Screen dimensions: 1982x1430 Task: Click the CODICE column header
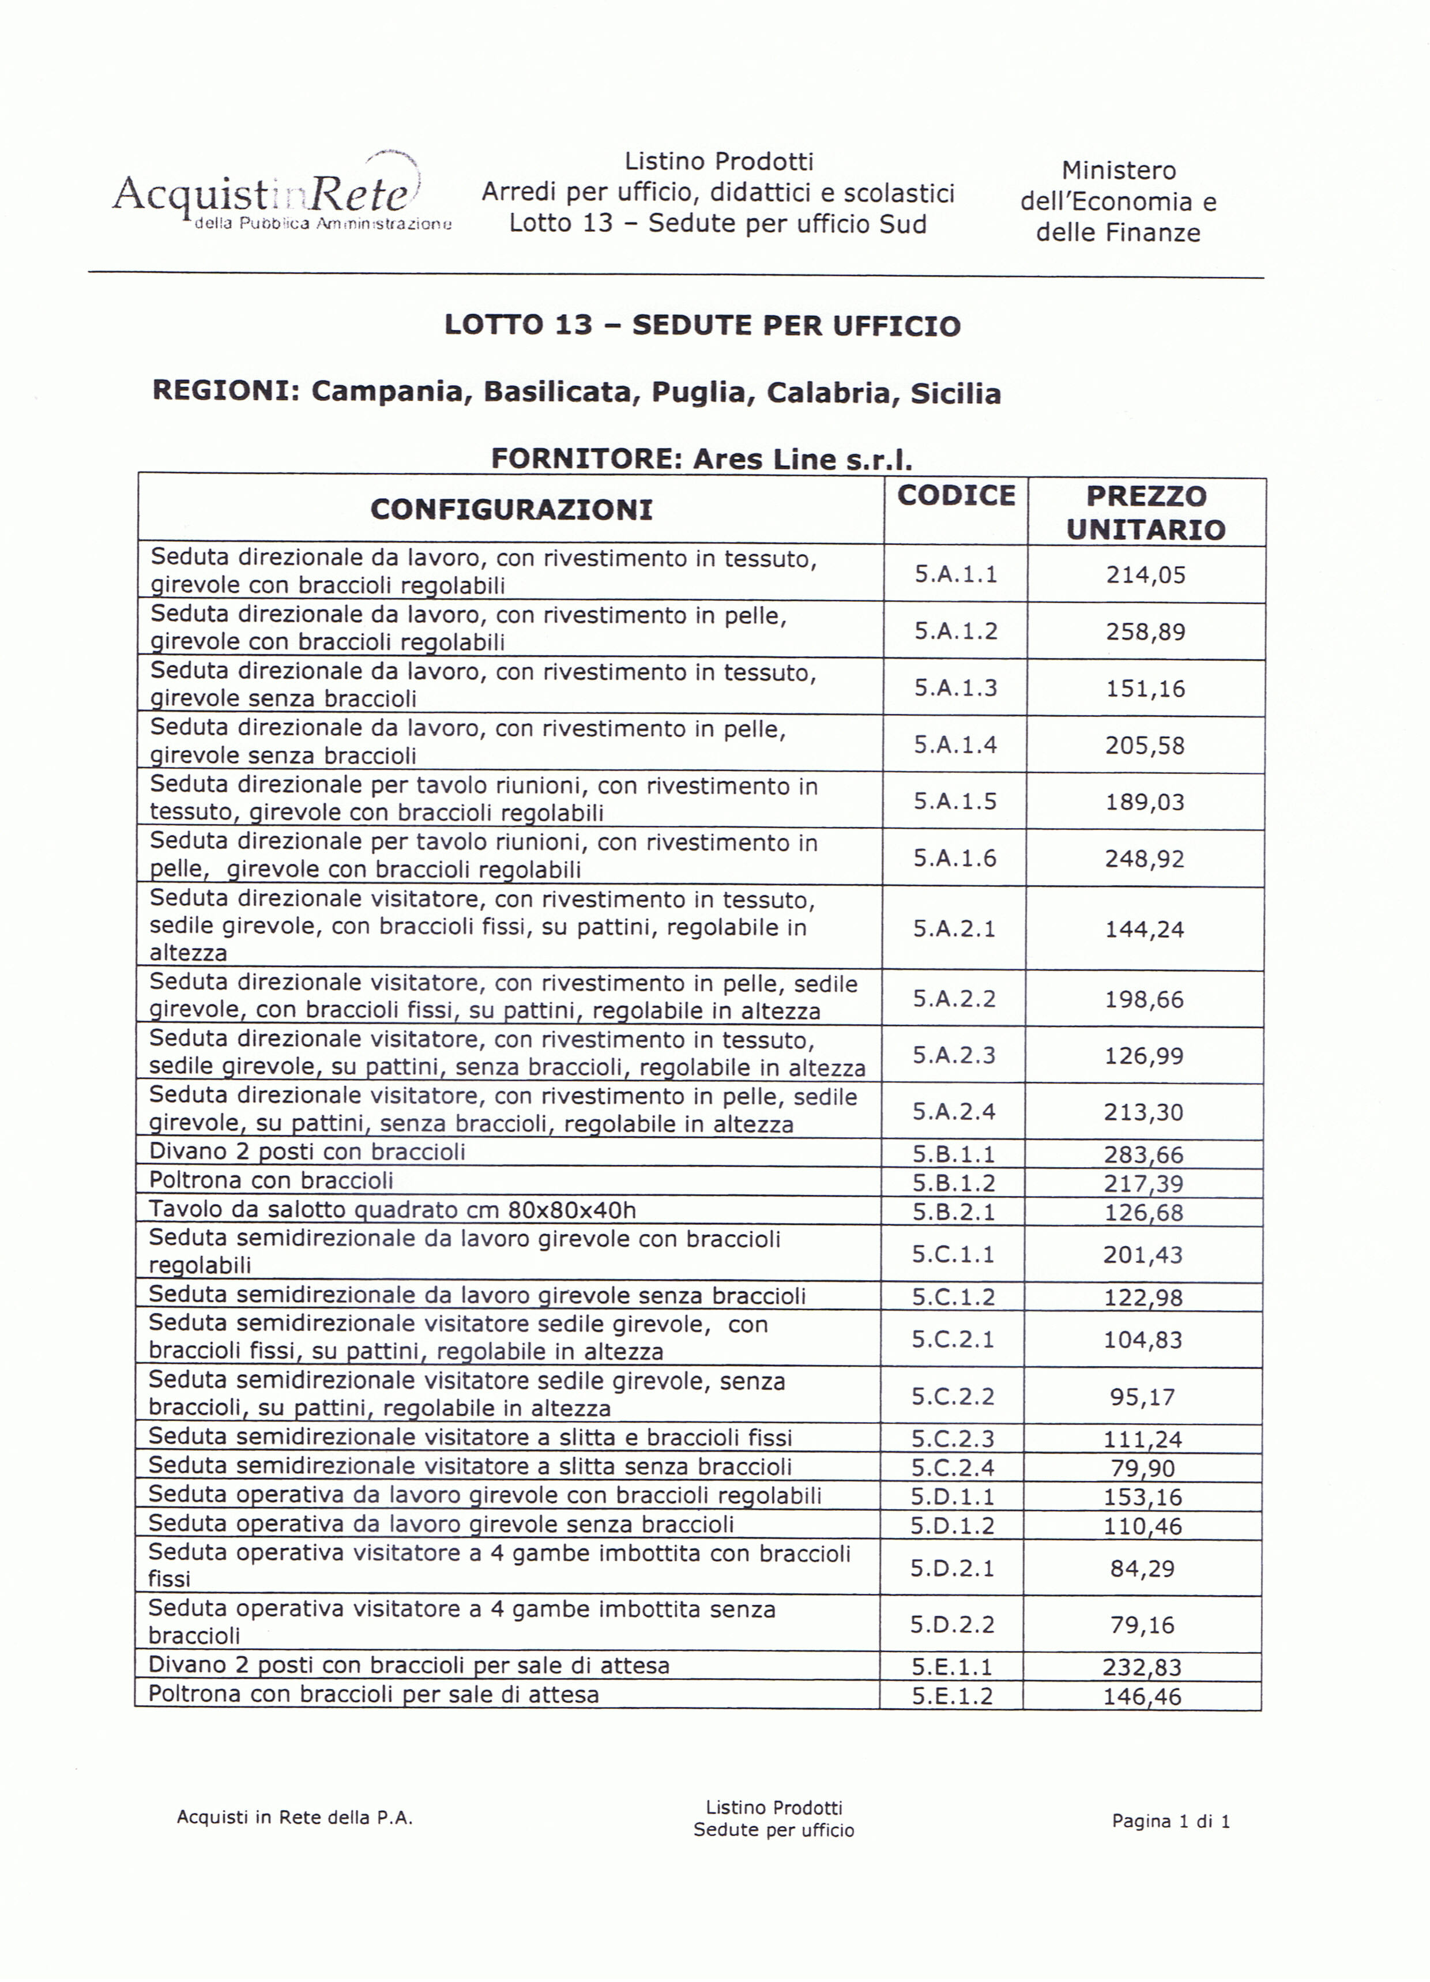[x=956, y=495]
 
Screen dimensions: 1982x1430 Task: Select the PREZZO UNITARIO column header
[x=1146, y=512]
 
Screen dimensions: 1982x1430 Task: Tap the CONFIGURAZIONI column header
[x=511, y=509]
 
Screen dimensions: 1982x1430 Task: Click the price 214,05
[x=1146, y=575]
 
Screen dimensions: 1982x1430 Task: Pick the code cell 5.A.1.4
[x=955, y=744]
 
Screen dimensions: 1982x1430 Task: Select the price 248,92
[x=1145, y=858]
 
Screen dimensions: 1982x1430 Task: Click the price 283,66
[x=1143, y=1154]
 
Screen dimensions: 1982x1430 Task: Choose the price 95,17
[x=1142, y=1397]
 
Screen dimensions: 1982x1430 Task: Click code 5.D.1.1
[x=953, y=1497]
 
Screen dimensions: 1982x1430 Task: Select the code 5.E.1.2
[x=953, y=1696]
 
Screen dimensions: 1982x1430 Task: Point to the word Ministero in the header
[x=1118, y=171]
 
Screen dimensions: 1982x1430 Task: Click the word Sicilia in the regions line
[x=955, y=394]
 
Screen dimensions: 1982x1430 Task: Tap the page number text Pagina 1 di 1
[x=1171, y=1821]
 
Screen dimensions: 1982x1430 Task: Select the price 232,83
[x=1142, y=1667]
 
